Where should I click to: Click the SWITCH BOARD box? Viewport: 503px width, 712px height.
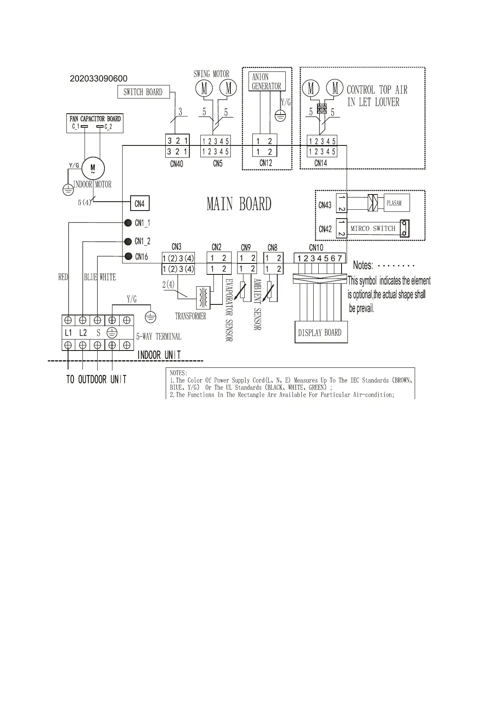click(143, 92)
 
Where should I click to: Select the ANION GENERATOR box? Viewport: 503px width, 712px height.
click(266, 81)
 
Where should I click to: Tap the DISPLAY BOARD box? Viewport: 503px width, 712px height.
click(320, 332)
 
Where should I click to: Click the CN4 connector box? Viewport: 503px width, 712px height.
click(139, 204)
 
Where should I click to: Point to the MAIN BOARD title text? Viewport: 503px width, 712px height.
click(239, 204)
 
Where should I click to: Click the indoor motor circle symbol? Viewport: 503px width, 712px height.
click(93, 168)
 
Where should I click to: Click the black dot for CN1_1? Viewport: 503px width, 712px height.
click(128, 223)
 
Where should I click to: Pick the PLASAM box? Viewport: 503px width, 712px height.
click(396, 203)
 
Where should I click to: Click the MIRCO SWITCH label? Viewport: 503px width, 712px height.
click(373, 228)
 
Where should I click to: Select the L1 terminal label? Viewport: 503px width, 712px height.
click(68, 333)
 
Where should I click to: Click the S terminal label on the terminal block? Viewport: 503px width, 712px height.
click(98, 333)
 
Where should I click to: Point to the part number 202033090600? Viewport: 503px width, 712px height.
click(98, 79)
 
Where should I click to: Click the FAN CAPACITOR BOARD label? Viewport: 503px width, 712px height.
click(95, 119)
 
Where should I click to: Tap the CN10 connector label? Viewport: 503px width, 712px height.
click(316, 248)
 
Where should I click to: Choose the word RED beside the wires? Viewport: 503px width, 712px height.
click(63, 277)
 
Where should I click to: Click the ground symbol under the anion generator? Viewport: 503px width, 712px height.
click(280, 115)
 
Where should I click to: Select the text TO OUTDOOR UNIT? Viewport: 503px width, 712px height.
click(96, 379)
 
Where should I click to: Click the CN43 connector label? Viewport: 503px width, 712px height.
click(325, 205)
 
